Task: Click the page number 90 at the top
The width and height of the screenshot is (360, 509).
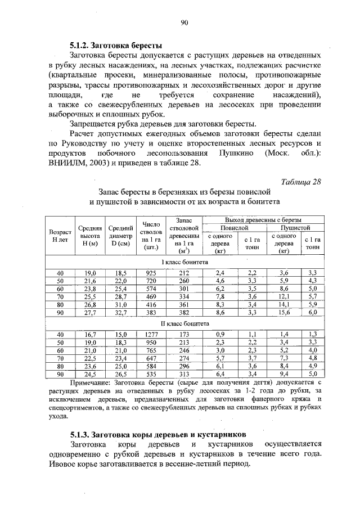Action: (183, 22)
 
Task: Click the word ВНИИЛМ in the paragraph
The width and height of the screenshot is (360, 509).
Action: (68, 164)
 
